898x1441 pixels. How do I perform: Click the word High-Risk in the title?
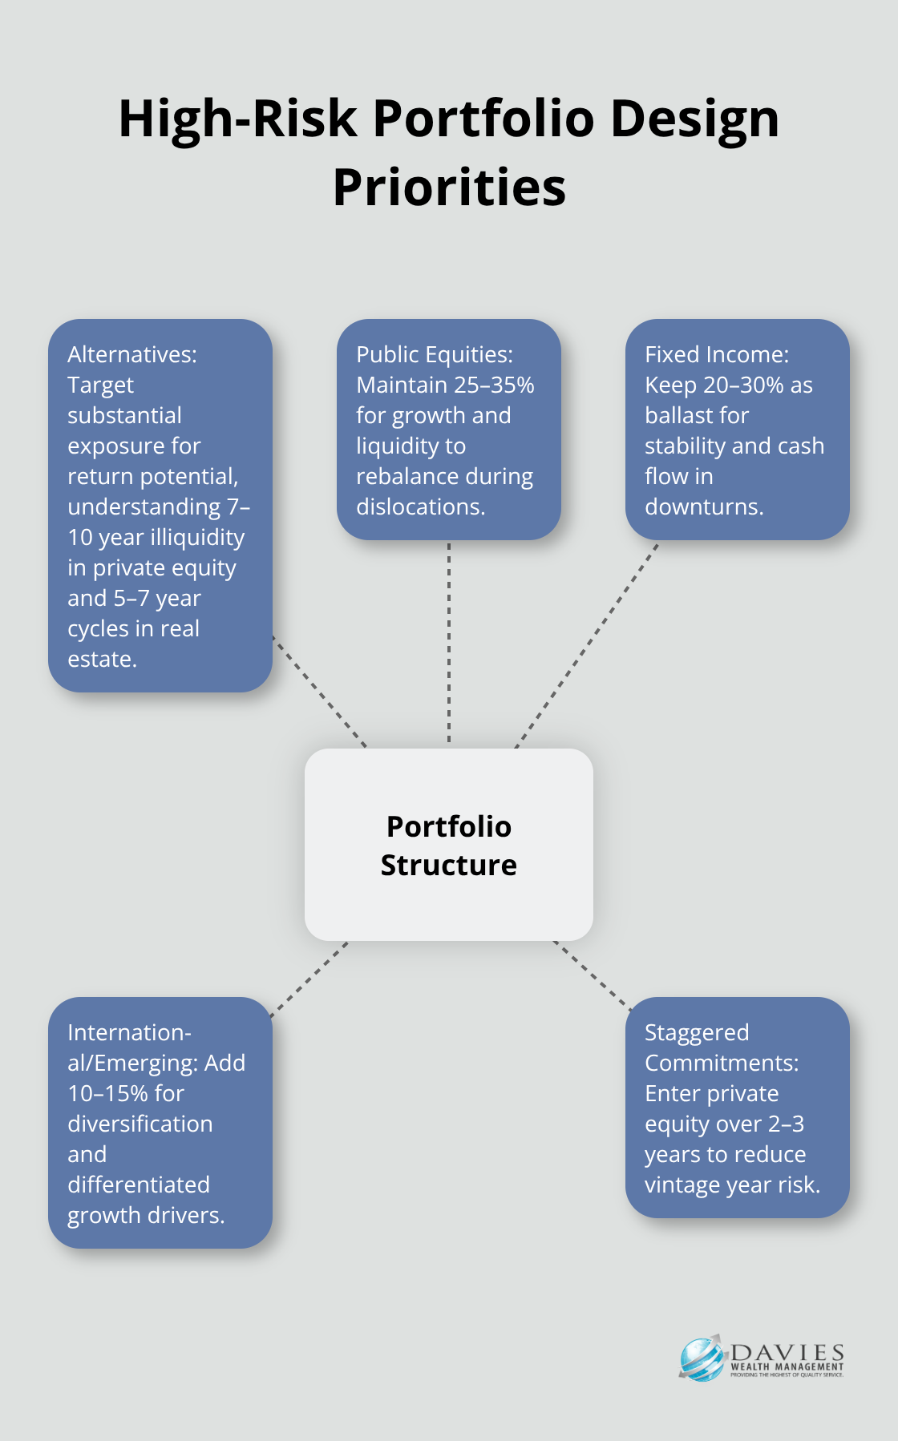click(237, 119)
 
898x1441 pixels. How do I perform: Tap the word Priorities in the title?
click(449, 188)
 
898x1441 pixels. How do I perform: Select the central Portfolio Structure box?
click(449, 845)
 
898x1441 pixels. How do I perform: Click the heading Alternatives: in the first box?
click(132, 354)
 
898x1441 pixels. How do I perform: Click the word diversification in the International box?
click(140, 1124)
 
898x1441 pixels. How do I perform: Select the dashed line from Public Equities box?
click(449, 641)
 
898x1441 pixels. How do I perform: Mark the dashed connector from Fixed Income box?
click(588, 644)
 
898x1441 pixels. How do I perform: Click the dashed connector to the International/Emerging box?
click(309, 979)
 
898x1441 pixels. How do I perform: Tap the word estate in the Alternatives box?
click(100, 660)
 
